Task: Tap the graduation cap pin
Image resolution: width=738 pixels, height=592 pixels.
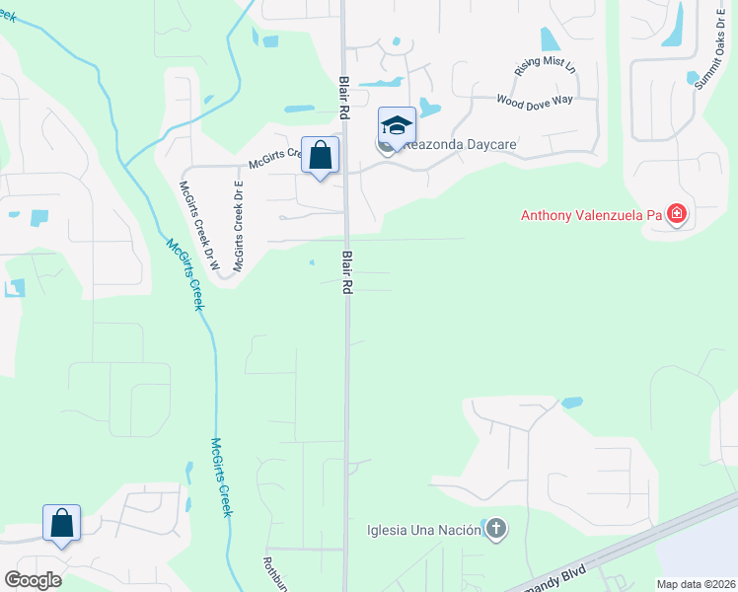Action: pyautogui.click(x=397, y=126)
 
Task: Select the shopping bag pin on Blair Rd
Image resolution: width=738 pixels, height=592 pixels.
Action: pyautogui.click(x=321, y=156)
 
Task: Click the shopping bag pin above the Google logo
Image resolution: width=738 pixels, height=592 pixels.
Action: pyautogui.click(x=61, y=524)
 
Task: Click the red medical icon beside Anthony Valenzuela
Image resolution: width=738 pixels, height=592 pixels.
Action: pyautogui.click(x=676, y=213)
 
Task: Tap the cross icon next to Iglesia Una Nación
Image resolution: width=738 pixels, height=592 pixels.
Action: pyautogui.click(x=496, y=530)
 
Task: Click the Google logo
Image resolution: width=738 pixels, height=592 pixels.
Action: pyautogui.click(x=34, y=579)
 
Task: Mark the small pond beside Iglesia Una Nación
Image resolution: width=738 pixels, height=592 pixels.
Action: pyautogui.click(x=485, y=523)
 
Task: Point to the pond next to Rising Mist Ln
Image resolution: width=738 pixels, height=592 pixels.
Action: pyautogui.click(x=550, y=38)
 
